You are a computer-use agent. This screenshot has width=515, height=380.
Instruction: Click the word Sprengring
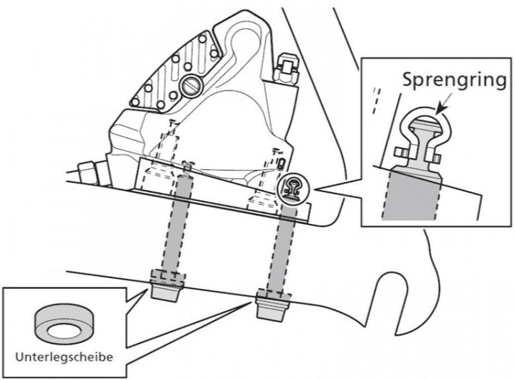point(454,80)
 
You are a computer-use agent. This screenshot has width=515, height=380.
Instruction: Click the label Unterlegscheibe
point(64,357)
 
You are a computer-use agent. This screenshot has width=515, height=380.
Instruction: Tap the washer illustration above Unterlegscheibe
point(63,324)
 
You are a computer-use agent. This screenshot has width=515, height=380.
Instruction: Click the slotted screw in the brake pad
point(190,87)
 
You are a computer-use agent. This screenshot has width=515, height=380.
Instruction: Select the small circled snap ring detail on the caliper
point(293,189)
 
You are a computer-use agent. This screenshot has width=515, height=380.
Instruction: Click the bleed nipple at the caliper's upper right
point(286,69)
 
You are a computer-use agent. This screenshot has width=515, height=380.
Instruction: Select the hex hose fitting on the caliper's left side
point(89,173)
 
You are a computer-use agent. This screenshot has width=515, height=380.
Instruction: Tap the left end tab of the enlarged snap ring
point(400,152)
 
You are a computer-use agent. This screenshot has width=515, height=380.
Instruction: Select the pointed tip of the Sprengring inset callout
point(314,189)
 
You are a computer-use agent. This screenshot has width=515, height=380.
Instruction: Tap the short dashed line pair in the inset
point(377,101)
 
